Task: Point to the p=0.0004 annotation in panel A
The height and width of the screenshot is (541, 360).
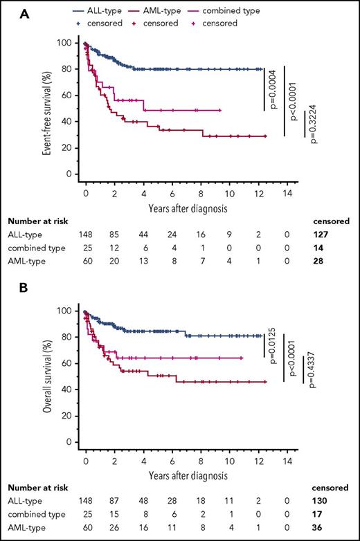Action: (x=273, y=89)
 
